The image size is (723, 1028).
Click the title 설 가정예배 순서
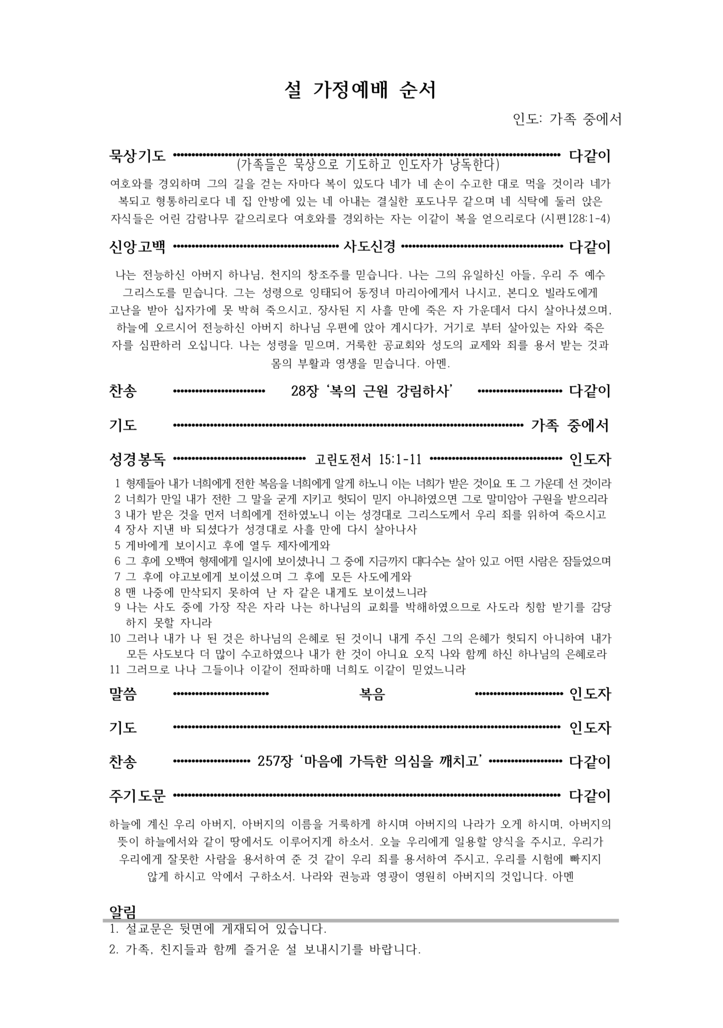(x=360, y=91)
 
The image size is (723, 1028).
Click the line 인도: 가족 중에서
(x=567, y=119)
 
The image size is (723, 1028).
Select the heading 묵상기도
(x=137, y=156)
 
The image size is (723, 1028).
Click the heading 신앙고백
(x=137, y=247)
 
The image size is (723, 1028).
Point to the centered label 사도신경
(x=369, y=247)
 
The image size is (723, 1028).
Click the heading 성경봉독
(x=137, y=458)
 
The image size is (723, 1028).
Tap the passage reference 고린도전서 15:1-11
(x=368, y=459)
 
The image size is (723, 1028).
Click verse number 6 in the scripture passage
(x=117, y=561)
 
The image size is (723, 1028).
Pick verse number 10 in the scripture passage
(x=115, y=639)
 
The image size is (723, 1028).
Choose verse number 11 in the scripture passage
(x=115, y=669)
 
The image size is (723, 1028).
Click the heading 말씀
(x=123, y=694)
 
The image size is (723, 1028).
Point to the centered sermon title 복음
(x=372, y=694)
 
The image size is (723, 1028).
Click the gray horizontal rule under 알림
(x=361, y=920)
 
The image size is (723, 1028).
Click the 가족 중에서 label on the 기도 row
(x=569, y=425)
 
